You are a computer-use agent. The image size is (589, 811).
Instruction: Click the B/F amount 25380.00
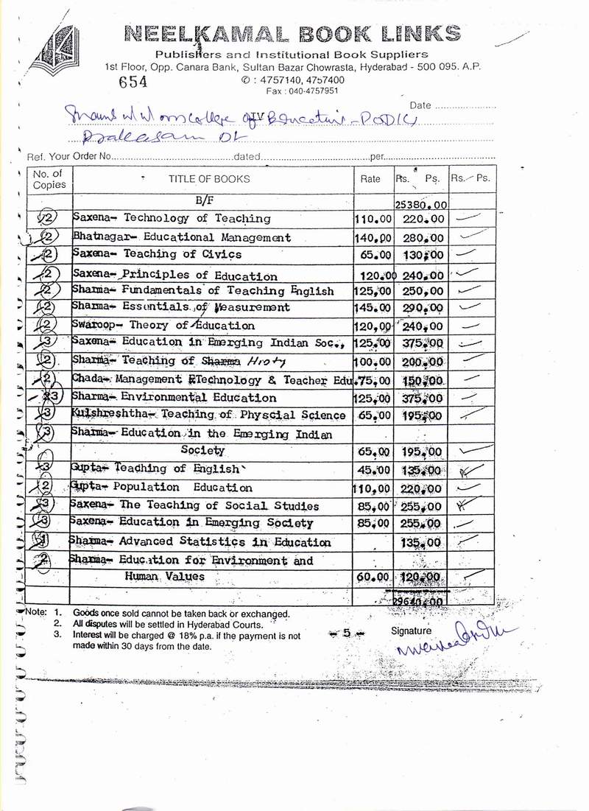pos(421,204)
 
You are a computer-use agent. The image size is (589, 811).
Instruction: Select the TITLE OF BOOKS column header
pos(209,178)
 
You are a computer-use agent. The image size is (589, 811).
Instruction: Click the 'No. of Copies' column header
pos(49,179)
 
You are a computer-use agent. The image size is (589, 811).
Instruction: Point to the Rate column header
pos(370,178)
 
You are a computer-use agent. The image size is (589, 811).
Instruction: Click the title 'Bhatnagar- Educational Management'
pos(182,238)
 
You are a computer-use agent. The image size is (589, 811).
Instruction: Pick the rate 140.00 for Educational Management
pos(372,239)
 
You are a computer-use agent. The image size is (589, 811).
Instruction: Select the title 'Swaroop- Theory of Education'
pos(164,325)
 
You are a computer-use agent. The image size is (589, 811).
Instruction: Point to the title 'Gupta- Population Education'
pos(163,487)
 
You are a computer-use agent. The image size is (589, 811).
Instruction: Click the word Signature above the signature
pos(411,631)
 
